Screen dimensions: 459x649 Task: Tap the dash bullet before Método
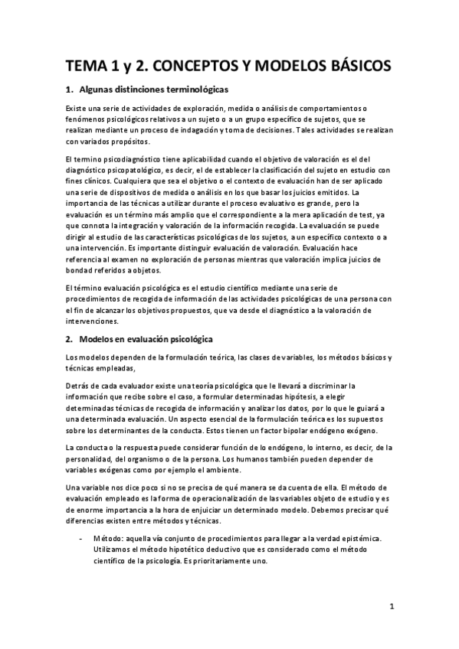coord(83,539)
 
